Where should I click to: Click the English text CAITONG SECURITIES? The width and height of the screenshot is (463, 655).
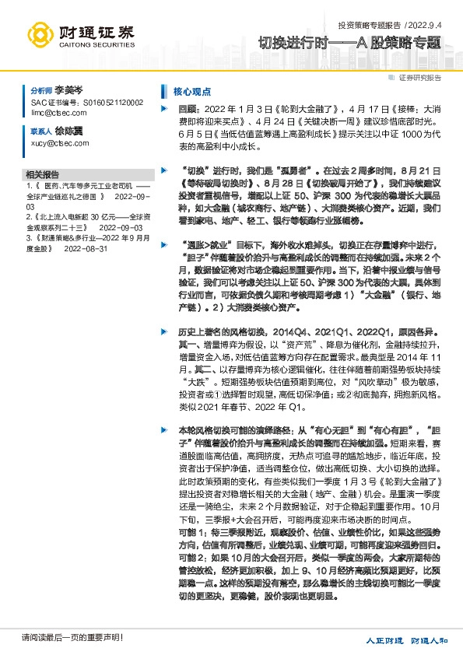click(x=96, y=45)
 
